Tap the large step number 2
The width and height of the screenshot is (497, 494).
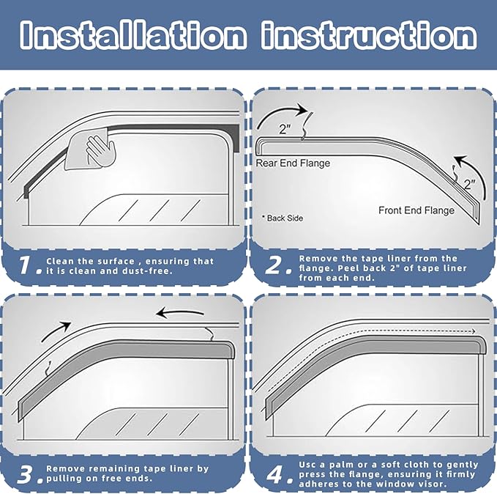(274, 266)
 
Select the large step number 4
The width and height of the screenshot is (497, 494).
(276, 473)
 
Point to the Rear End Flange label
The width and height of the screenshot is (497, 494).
(293, 163)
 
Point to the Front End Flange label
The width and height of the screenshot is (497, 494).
(416, 210)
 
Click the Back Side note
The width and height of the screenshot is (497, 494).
(283, 218)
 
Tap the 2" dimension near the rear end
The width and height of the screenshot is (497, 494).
(285, 130)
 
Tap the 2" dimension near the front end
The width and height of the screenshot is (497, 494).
(469, 185)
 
